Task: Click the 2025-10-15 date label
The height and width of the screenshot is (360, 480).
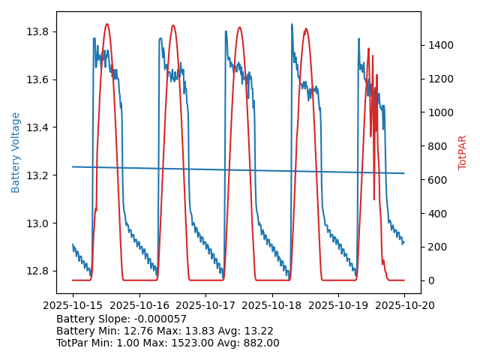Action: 73,305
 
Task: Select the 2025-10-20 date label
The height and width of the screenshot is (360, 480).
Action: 404,305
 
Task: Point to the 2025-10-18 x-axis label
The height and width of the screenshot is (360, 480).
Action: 271,305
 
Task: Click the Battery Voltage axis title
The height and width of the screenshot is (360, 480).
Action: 16,152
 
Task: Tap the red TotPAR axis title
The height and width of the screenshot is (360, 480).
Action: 463,152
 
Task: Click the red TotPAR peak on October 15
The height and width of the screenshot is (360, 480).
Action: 106,24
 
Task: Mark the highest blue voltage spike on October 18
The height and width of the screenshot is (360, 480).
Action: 292,24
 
